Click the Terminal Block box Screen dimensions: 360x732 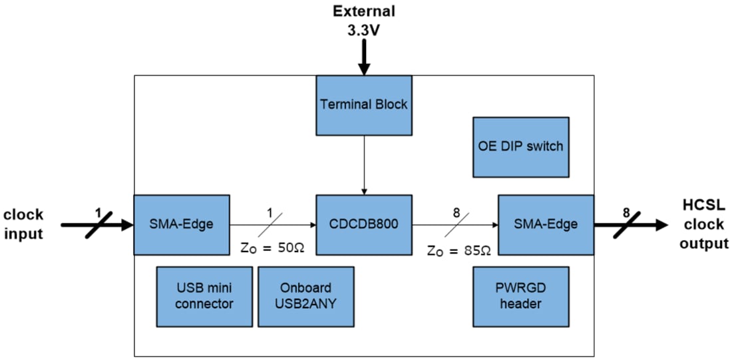363,104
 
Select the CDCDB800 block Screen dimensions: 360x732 363,224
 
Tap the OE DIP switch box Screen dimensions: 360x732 520,146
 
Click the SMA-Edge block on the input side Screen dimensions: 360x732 182,224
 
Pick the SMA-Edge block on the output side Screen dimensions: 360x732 546,224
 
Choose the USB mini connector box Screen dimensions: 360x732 205,296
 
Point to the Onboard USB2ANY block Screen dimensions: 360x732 305,296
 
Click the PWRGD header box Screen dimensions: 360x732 520,296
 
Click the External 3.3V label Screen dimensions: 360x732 363,19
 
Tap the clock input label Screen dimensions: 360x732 23,224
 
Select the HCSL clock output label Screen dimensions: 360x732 703,224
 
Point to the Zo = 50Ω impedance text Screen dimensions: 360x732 273,248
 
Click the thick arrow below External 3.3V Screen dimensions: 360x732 363,57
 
